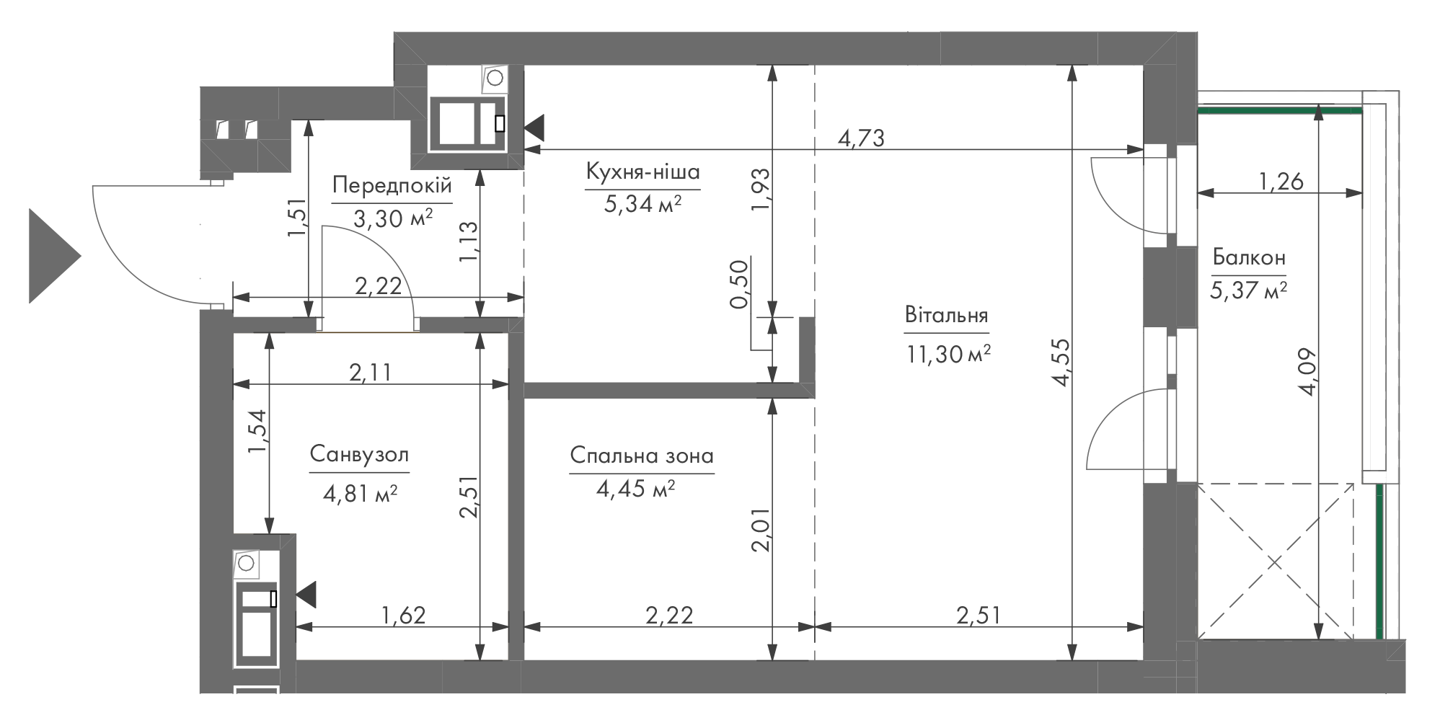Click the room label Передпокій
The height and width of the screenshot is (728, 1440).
click(x=392, y=185)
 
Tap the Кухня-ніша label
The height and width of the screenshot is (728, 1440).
click(x=643, y=172)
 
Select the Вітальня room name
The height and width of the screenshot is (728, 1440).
click(x=946, y=316)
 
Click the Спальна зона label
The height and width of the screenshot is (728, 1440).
click(x=642, y=456)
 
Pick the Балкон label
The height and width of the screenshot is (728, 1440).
click(x=1249, y=257)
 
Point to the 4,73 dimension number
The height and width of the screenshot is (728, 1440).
click(x=860, y=138)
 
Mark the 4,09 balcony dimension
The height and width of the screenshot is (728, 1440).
click(x=1307, y=372)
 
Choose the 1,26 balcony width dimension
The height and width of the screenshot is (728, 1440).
click(x=1281, y=181)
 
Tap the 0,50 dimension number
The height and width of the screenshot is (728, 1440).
click(x=740, y=284)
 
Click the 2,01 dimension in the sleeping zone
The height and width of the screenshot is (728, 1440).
click(x=761, y=530)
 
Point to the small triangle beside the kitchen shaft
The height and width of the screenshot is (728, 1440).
click(x=534, y=129)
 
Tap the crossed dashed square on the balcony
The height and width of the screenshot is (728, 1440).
click(x=1275, y=561)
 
